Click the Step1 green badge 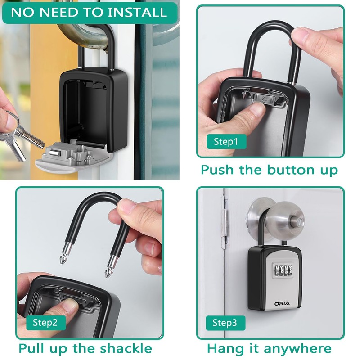(x=226, y=142)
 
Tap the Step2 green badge (x=45, y=322)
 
